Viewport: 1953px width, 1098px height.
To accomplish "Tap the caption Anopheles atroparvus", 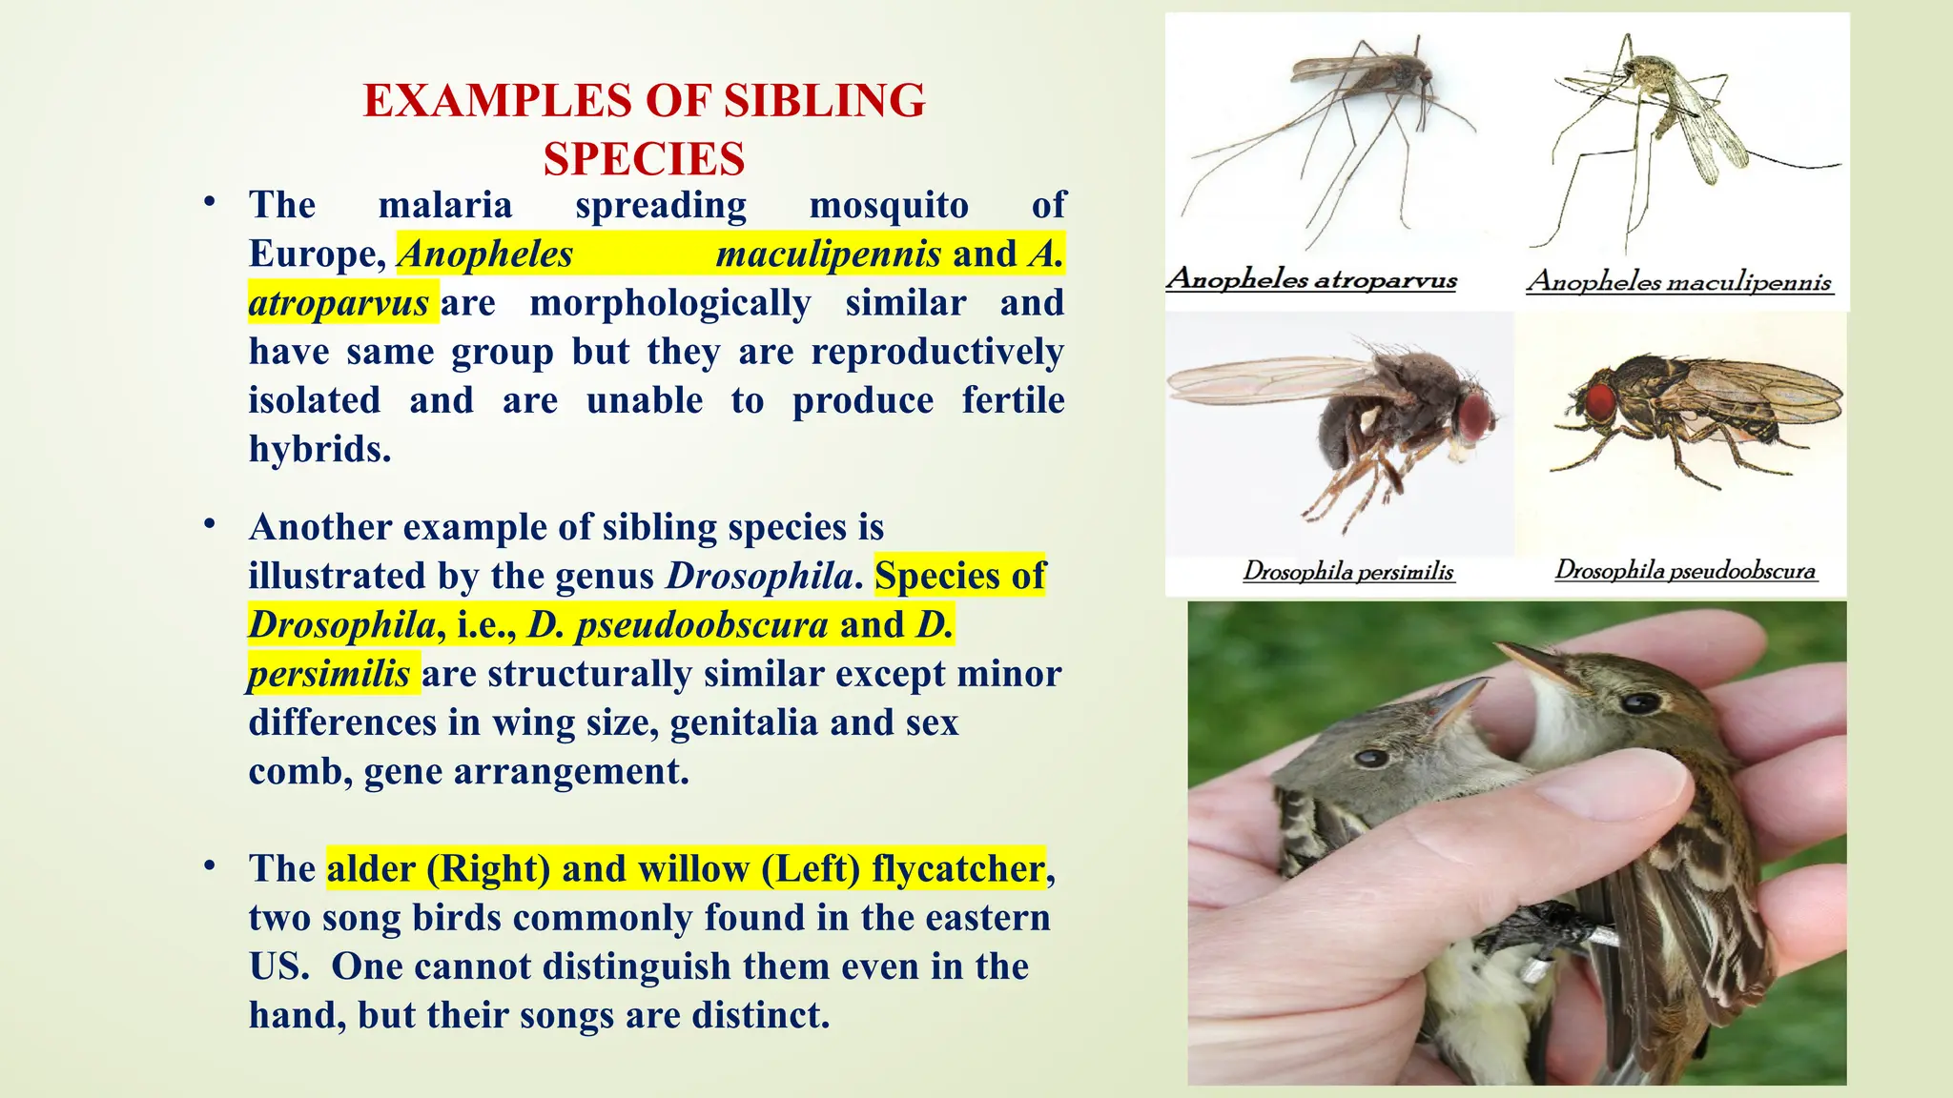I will (1311, 279).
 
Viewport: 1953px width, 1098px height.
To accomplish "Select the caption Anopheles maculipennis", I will (1679, 281).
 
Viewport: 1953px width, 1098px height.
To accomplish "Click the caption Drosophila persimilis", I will (1347, 572).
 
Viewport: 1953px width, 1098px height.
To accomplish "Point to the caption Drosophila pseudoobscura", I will (1685, 570).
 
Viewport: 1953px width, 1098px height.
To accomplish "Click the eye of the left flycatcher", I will (1371, 758).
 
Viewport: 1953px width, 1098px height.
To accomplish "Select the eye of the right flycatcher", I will (1641, 703).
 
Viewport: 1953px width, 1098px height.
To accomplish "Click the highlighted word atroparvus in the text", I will (339, 303).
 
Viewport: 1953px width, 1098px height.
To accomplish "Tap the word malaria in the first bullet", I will (445, 205).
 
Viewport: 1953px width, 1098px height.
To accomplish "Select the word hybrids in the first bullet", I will (319, 449).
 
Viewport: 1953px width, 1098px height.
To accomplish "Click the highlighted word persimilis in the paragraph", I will (329, 674).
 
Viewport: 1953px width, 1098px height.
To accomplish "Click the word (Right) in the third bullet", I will (488, 869).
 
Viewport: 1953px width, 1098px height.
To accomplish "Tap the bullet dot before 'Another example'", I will (210, 524).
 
